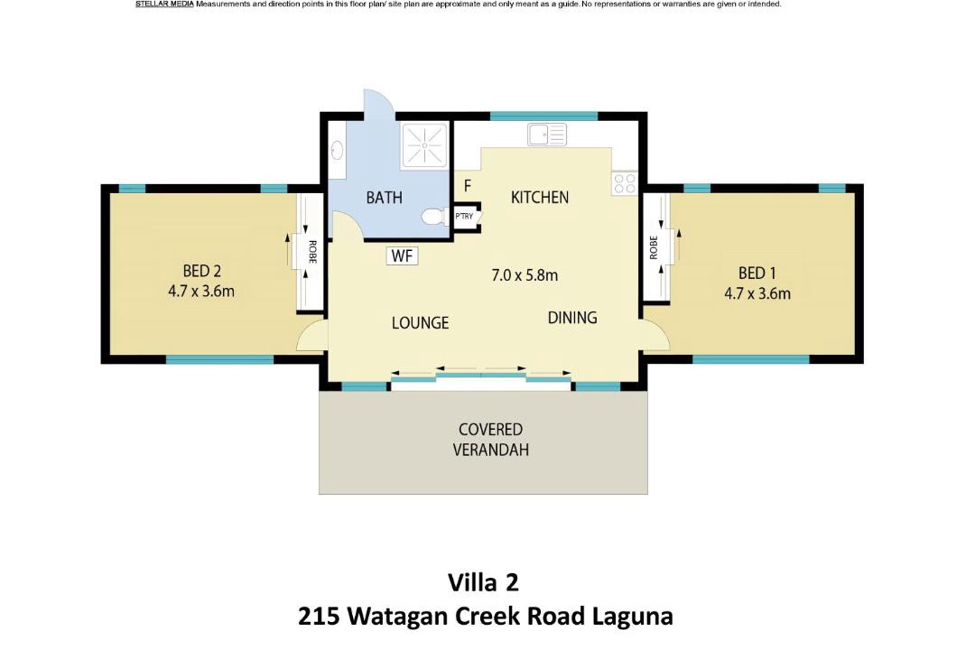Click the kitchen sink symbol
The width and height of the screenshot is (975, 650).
pyautogui.click(x=547, y=135)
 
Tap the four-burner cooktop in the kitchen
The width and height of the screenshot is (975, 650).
pyautogui.click(x=625, y=184)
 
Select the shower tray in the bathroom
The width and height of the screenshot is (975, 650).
pyautogui.click(x=424, y=146)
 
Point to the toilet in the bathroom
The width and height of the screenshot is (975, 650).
pyautogui.click(x=433, y=217)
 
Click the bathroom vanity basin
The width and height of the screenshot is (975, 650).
pyautogui.click(x=337, y=150)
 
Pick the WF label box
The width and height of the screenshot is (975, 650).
pyautogui.click(x=403, y=255)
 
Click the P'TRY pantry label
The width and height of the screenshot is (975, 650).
pyautogui.click(x=464, y=217)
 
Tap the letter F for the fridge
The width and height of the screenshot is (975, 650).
pyautogui.click(x=468, y=186)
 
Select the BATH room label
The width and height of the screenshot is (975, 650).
pyautogui.click(x=385, y=198)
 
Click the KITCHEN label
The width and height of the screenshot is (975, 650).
pyautogui.click(x=540, y=197)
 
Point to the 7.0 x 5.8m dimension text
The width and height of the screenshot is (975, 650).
pyautogui.click(x=525, y=275)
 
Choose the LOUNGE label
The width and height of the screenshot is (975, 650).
pyautogui.click(x=421, y=323)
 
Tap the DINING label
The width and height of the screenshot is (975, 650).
pyautogui.click(x=572, y=318)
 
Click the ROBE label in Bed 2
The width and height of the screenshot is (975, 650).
pyautogui.click(x=312, y=252)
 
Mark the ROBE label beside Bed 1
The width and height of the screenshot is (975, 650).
pyautogui.click(x=654, y=247)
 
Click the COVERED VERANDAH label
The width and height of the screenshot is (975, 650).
pyautogui.click(x=490, y=440)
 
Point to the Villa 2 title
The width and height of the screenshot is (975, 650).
pyautogui.click(x=483, y=583)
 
